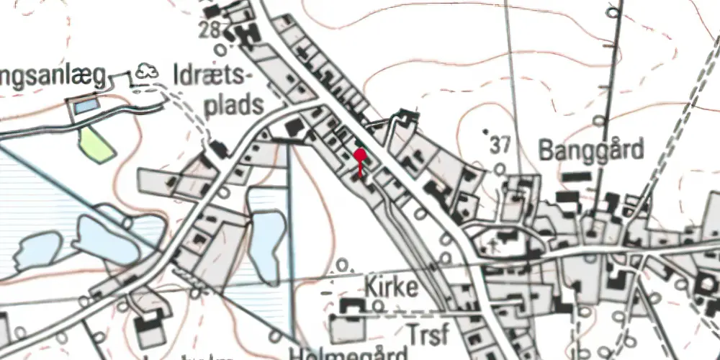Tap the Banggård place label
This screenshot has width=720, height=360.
pyautogui.click(x=590, y=150)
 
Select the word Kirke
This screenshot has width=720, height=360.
pyautogui.click(x=392, y=287)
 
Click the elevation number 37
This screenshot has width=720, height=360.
pyautogui.click(x=503, y=146)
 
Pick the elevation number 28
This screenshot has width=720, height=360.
pyautogui.click(x=210, y=31)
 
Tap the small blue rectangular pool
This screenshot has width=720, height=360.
pyautogui.click(x=85, y=107)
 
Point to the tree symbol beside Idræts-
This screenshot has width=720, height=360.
pyautogui.click(x=148, y=71)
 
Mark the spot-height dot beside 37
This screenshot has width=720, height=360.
pyautogui.click(x=485, y=132)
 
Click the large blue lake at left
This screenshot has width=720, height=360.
pyautogui.click(x=108, y=238)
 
